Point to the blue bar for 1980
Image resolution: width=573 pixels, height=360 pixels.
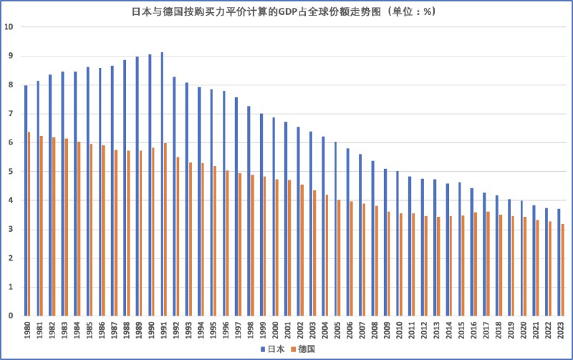pyautogui.click(x=26, y=200)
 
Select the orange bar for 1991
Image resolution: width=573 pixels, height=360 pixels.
pyautogui.click(x=165, y=229)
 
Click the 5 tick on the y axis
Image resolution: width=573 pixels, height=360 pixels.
pyautogui.click(x=11, y=172)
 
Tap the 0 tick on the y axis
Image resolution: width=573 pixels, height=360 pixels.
pyautogui.click(x=11, y=316)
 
